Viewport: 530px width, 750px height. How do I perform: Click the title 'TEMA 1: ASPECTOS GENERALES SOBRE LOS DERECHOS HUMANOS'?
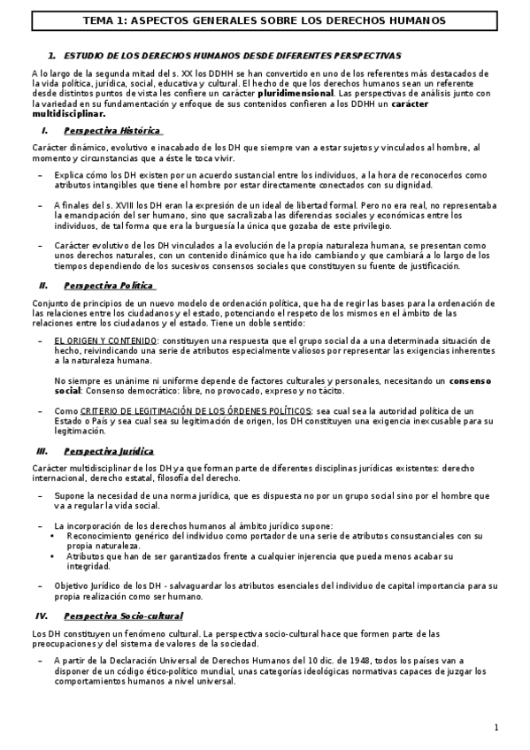click(265, 19)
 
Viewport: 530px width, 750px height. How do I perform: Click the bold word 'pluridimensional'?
click(296, 92)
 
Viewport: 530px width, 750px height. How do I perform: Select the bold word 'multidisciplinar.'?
click(68, 113)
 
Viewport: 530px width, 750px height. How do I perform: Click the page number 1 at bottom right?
click(497, 727)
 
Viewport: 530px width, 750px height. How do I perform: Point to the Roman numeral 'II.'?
click(42, 286)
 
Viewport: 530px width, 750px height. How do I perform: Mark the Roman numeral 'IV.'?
click(42, 615)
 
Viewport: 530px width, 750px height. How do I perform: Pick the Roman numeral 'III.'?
click(42, 451)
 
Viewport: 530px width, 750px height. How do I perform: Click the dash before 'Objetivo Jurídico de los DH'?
click(41, 586)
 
